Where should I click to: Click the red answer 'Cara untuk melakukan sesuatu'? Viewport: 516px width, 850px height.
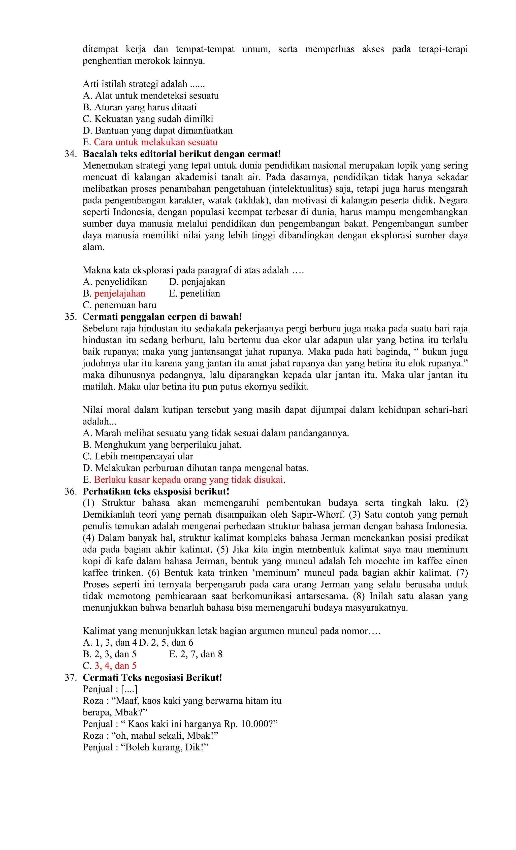tap(155, 142)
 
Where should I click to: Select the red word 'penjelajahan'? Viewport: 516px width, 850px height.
tap(120, 294)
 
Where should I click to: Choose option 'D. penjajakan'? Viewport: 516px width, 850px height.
tap(197, 282)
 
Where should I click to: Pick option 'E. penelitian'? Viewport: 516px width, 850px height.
tap(195, 294)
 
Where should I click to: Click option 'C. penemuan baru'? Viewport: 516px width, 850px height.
tap(119, 305)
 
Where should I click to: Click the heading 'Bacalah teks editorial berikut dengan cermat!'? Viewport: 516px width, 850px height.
tap(182, 154)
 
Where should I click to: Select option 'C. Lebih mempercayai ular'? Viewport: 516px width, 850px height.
tap(138, 456)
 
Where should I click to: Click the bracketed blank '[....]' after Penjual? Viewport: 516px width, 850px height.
tap(129, 689)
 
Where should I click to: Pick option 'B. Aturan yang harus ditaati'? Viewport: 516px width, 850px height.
tap(140, 107)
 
